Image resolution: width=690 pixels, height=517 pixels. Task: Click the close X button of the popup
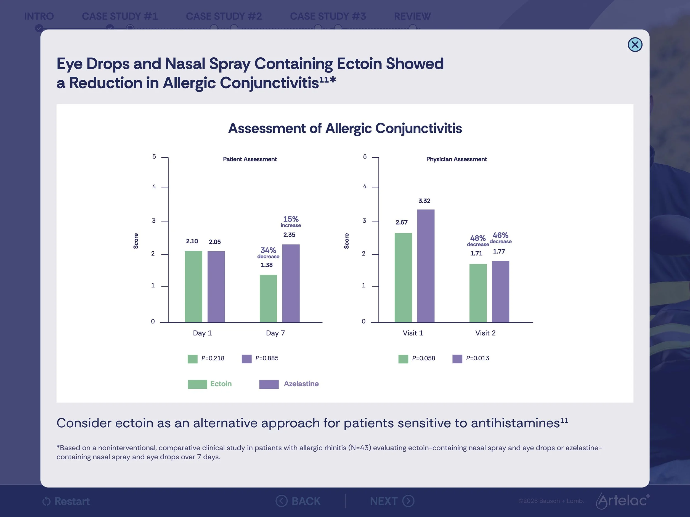click(635, 45)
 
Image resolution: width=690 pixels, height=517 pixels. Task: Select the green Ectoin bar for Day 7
click(268, 299)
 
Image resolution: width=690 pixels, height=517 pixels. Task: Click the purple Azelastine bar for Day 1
click(216, 287)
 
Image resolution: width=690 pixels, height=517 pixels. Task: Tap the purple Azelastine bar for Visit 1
click(426, 266)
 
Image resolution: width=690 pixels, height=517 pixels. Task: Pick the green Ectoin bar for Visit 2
click(478, 293)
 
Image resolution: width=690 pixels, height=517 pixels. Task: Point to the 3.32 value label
click(424, 201)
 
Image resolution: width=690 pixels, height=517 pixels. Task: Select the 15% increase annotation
click(291, 221)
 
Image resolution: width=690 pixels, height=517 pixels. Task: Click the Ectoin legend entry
click(209, 384)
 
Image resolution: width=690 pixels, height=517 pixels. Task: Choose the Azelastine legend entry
click(289, 384)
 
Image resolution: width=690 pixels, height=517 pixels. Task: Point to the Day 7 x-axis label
click(275, 333)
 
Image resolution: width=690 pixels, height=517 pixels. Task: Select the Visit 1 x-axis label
click(413, 333)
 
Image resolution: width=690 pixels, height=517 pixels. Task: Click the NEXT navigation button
click(392, 501)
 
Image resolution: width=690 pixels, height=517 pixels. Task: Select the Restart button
click(66, 501)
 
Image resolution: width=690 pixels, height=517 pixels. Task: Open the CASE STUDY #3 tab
click(328, 16)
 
